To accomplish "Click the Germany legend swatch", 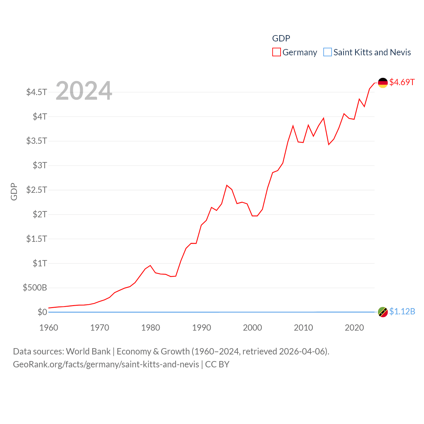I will click(277, 52).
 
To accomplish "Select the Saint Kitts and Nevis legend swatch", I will click(327, 52).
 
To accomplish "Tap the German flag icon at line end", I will click(383, 83).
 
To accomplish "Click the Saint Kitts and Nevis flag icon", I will click(383, 312).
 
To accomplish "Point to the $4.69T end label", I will click(402, 82).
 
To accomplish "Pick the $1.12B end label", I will click(402, 312).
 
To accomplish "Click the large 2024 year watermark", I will click(84, 91).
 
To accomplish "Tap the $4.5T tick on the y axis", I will click(37, 92).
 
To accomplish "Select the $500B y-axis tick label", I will click(35, 288).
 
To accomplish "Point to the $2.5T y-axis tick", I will click(37, 190).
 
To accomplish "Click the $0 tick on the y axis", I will click(42, 312).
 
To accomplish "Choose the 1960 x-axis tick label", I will click(49, 328).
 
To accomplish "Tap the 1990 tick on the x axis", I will click(201, 328).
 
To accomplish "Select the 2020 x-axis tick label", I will click(354, 328).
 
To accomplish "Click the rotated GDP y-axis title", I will click(14, 191).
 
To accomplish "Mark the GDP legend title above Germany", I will click(281, 38).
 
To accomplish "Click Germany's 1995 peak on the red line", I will click(227, 185).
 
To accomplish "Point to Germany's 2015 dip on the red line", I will click(329, 144).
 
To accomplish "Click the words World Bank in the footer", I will click(88, 351).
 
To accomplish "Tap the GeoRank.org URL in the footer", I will click(106, 364).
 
